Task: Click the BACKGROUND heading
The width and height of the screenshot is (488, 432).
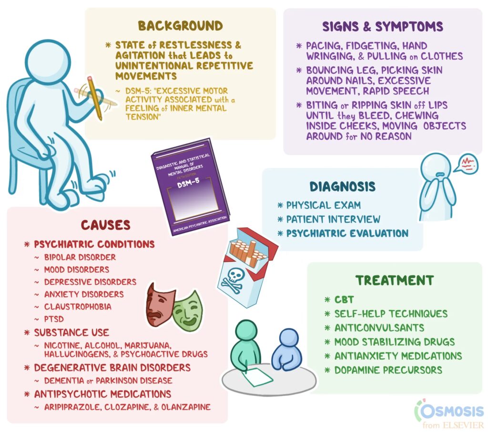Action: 180,25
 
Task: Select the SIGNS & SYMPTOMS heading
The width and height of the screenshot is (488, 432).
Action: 383,26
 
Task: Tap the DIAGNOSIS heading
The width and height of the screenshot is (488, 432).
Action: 342,186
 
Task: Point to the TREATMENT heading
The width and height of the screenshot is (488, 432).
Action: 395,280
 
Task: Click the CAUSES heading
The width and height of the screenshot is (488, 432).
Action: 105,225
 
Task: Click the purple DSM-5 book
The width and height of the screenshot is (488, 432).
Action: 190,186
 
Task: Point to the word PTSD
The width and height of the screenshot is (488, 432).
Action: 54,319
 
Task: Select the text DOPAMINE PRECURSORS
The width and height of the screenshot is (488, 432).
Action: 389,370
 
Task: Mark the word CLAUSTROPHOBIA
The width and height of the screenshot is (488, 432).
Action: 78,307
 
